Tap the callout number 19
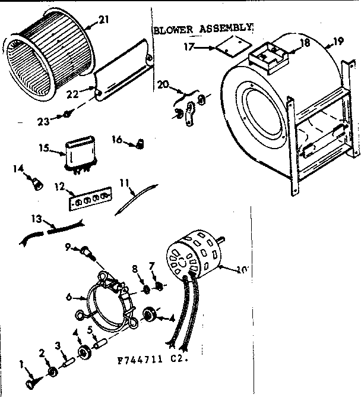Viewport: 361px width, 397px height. click(x=338, y=41)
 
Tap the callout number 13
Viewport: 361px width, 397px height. click(x=36, y=219)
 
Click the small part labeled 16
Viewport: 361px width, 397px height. click(x=141, y=143)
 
